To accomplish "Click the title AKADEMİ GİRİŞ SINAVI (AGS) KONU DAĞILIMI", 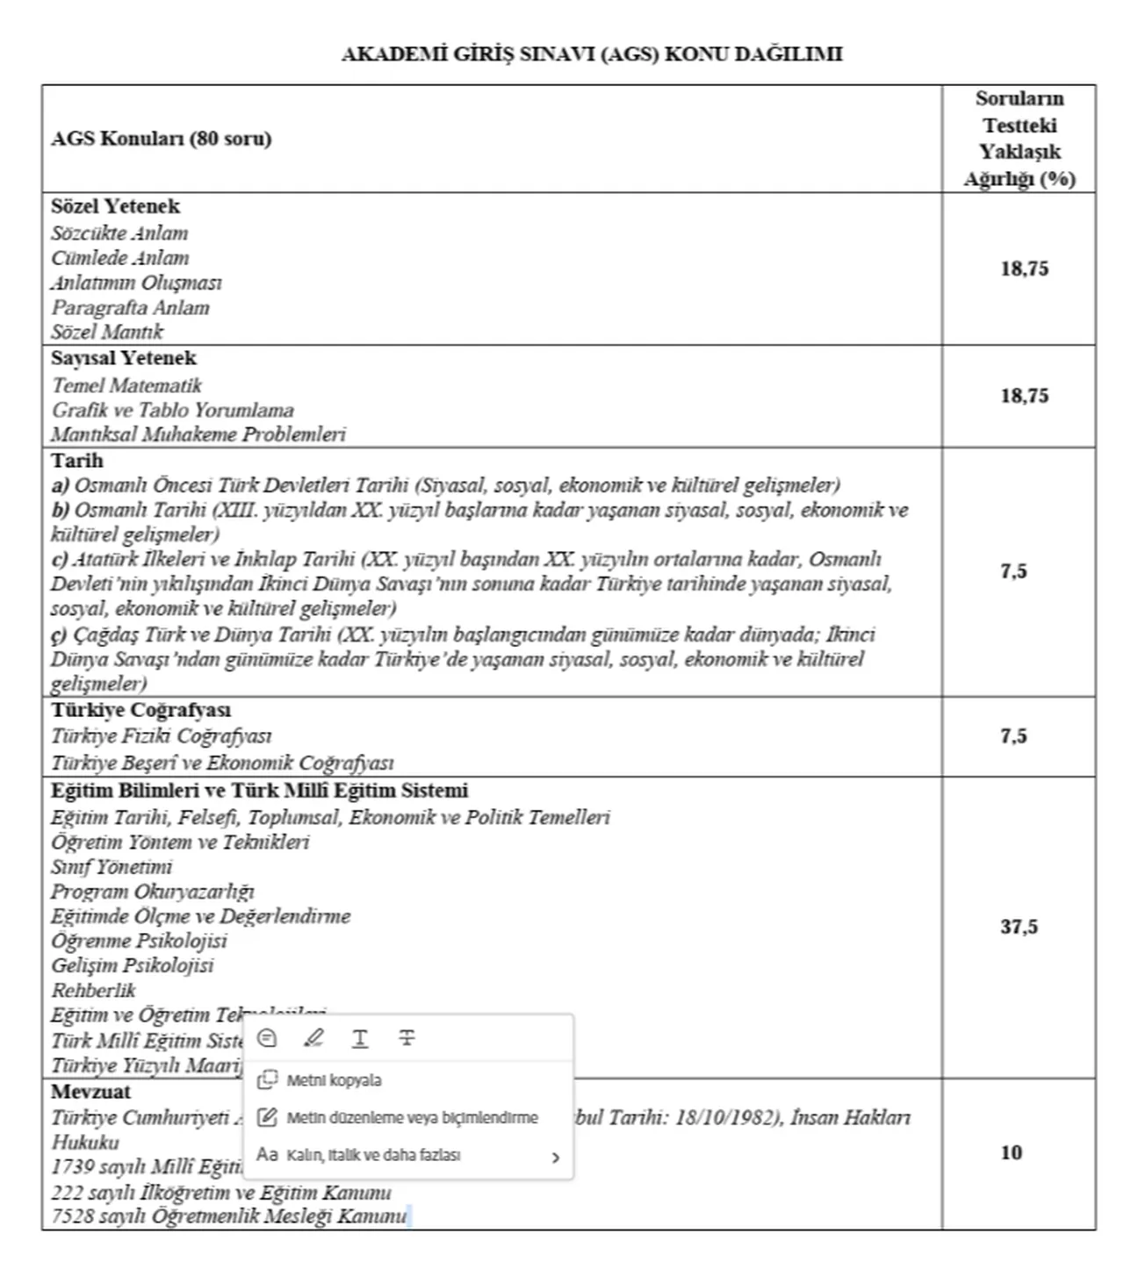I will coord(591,54).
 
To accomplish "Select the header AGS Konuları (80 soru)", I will coord(161,139).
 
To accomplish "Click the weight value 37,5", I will coord(1019,927).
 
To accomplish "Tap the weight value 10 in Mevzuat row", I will coord(1011,1152).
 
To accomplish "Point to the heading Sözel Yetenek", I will coord(115,206).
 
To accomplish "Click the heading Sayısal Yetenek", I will coord(123,358).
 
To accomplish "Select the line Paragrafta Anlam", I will coord(130,308).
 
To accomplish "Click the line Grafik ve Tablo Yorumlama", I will coord(172,410).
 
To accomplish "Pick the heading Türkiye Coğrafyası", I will coord(140,710).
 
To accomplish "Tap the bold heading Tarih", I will coord(76,461).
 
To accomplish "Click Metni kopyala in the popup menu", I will coord(334,1080).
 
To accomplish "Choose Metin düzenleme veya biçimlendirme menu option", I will coord(411,1118).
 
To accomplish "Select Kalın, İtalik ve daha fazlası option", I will coord(373,1155).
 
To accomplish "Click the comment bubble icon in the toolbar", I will coord(267,1038).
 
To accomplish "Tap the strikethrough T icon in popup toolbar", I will coord(407,1038).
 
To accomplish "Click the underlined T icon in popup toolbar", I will coord(360,1038).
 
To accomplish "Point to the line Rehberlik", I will coord(93,991).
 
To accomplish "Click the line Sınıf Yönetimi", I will coord(112,867).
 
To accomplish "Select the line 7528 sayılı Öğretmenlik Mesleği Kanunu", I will coord(228,1216).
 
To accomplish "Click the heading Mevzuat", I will coord(90,1092).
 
